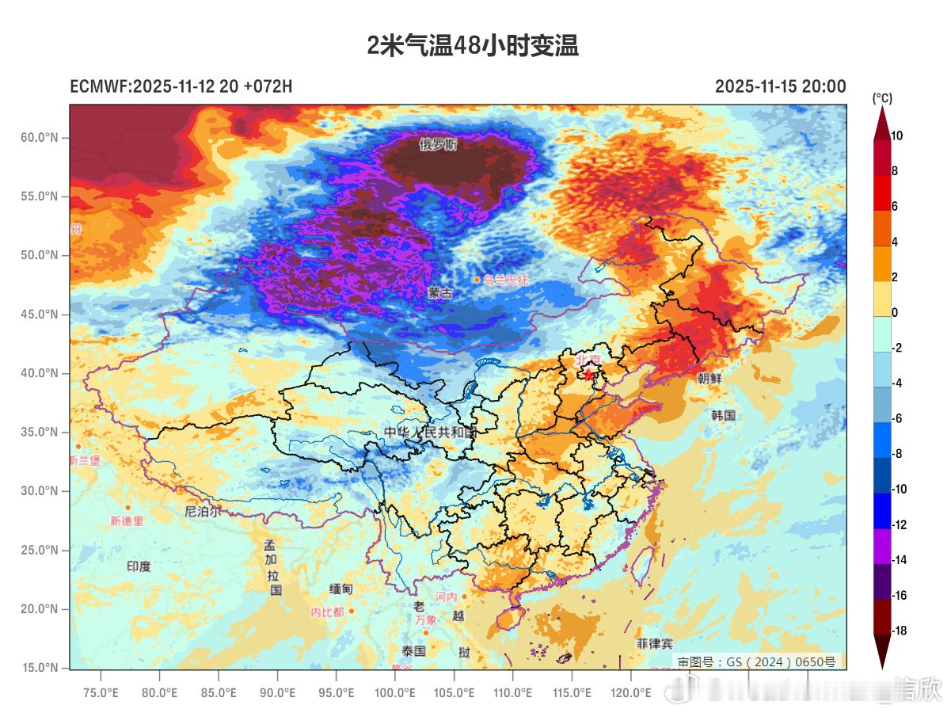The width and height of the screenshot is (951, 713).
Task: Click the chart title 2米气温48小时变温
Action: (473, 46)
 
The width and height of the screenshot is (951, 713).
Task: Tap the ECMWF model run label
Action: (181, 86)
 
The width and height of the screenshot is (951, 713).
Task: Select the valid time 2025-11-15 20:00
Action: (780, 86)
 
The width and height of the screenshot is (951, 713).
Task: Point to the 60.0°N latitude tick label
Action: (39, 138)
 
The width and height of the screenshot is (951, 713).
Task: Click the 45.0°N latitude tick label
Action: (39, 315)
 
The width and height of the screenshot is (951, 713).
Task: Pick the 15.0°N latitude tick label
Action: (39, 668)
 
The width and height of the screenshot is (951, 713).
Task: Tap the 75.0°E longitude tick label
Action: (101, 693)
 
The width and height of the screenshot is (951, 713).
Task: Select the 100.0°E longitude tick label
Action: (395, 693)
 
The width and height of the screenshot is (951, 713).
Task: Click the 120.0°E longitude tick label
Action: (630, 693)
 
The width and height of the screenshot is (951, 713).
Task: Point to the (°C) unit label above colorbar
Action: (882, 98)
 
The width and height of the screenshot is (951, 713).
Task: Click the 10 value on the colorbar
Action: (896, 136)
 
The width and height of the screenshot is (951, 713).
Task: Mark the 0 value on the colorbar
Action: (895, 313)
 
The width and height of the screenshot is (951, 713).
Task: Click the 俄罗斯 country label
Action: (439, 145)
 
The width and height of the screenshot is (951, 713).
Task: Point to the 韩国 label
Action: (723, 415)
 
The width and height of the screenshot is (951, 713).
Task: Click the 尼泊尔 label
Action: (203, 512)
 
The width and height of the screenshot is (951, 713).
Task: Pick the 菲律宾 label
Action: (655, 644)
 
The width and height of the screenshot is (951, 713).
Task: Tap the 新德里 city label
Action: (127, 521)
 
